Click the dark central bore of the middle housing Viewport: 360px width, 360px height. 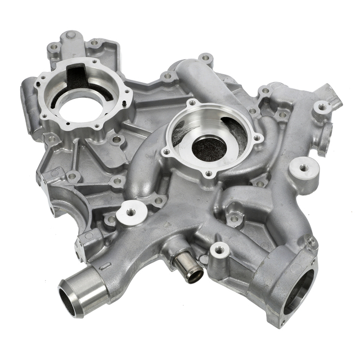click(x=209, y=148)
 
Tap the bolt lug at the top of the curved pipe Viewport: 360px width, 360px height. click(x=206, y=58)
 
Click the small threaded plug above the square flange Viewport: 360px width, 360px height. click(x=311, y=242)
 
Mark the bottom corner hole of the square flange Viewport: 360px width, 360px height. click(x=281, y=321)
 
